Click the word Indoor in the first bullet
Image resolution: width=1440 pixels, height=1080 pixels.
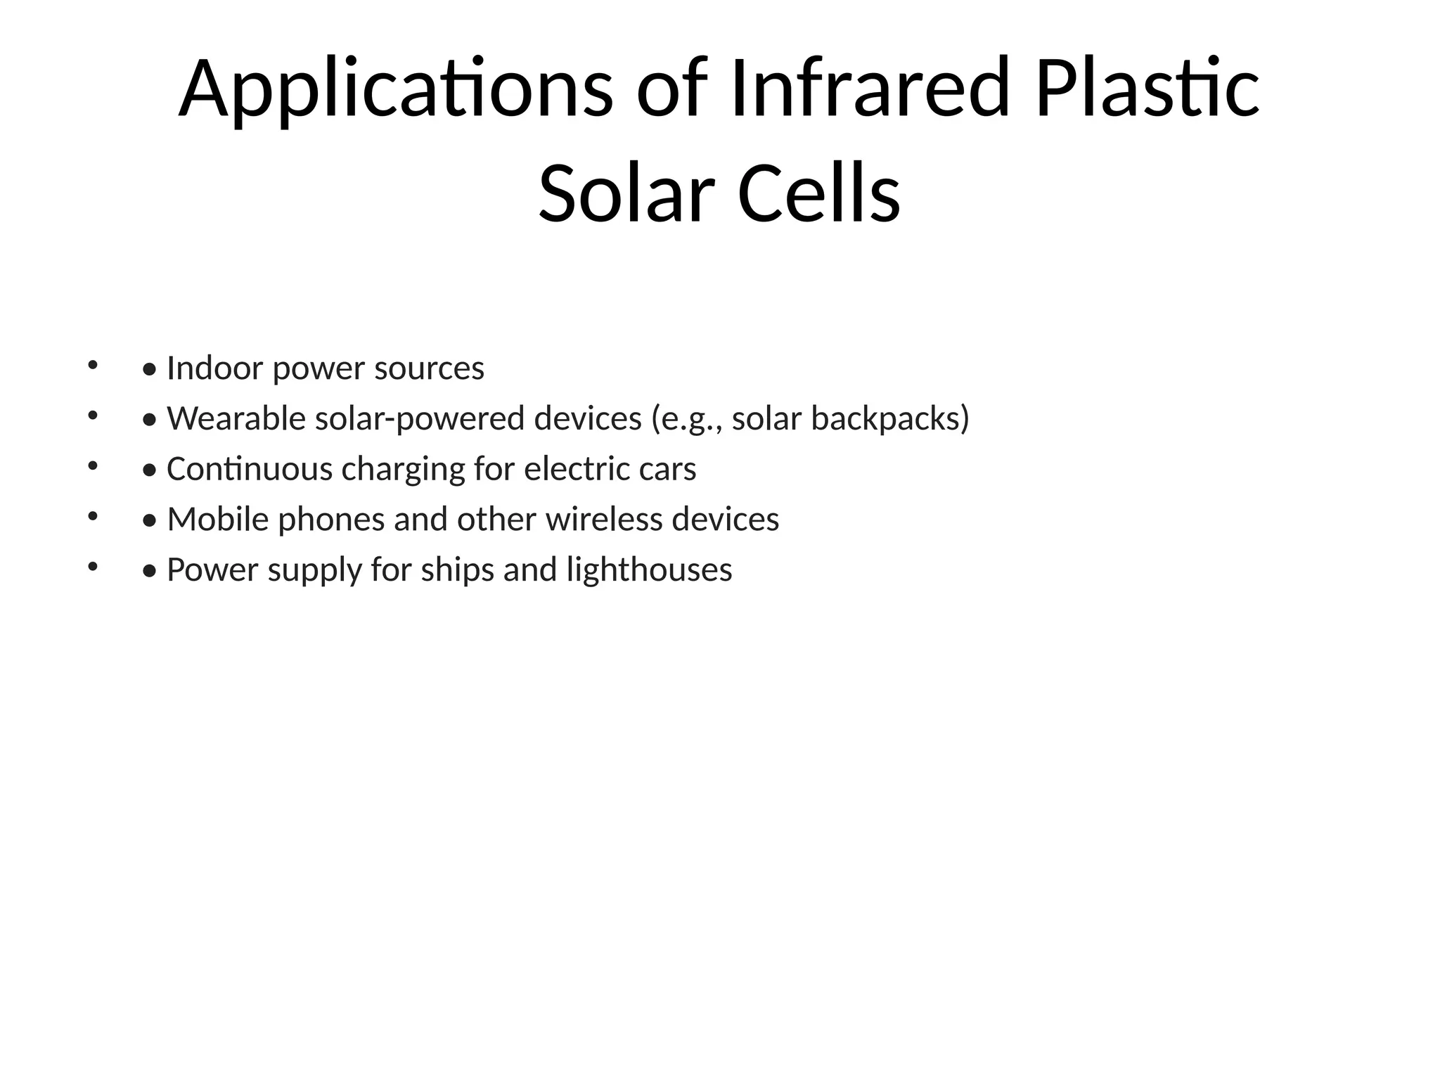(214, 368)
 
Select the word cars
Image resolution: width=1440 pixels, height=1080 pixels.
(667, 470)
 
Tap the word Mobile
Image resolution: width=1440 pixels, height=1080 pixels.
(217, 520)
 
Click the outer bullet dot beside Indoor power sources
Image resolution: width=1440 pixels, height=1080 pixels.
(91, 365)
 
